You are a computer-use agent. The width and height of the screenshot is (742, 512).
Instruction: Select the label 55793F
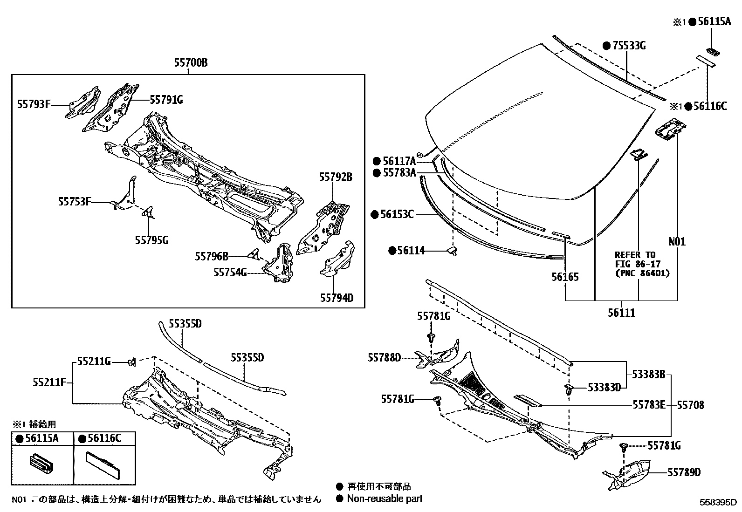pyautogui.click(x=34, y=104)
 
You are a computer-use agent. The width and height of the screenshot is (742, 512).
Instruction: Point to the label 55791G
pyautogui.click(x=166, y=99)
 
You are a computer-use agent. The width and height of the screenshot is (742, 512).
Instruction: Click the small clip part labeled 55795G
pyautogui.click(x=148, y=212)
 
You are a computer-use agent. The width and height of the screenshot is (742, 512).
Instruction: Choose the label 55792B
pyautogui.click(x=336, y=177)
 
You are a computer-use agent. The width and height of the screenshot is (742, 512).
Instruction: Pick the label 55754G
pyautogui.click(x=230, y=272)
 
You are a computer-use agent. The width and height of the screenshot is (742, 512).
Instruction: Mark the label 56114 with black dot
pyautogui.click(x=407, y=251)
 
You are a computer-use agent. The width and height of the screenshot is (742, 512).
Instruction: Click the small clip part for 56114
pyautogui.click(x=452, y=252)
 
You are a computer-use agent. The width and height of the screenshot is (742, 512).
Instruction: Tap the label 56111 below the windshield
pyautogui.click(x=621, y=313)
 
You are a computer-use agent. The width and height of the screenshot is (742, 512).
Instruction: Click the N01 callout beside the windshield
pyautogui.click(x=677, y=242)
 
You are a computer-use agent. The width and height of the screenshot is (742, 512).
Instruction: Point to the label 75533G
pyautogui.click(x=624, y=46)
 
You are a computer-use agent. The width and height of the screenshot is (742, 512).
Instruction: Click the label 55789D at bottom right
pyautogui.click(x=683, y=472)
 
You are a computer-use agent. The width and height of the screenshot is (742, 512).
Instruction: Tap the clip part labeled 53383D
pyautogui.click(x=569, y=389)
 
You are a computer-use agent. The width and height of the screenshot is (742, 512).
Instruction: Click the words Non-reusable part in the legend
pyautogui.click(x=385, y=499)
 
